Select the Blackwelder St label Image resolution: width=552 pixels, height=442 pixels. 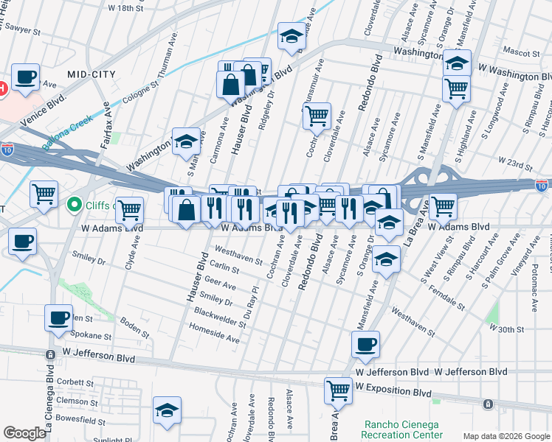pos(219,318)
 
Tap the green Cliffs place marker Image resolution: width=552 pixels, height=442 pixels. pos(74,204)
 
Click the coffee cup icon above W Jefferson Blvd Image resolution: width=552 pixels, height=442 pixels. pos(365,344)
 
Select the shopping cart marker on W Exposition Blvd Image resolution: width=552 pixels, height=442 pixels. pos(338,389)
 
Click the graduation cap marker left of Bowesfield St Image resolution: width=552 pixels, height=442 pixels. pos(167,410)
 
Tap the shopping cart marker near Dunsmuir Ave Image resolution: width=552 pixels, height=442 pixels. pos(317,115)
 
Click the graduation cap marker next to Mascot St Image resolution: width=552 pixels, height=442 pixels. pos(457,63)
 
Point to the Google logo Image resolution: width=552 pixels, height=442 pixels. pos(25,433)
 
